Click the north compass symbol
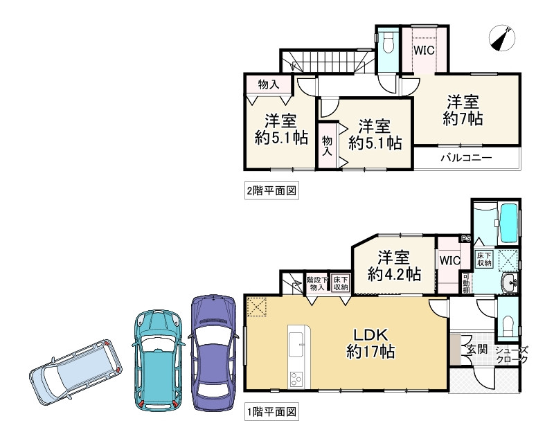point(501,37)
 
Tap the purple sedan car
point(213,352)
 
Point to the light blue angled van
point(75,372)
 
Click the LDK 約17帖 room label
point(370,343)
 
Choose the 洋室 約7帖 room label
point(463,111)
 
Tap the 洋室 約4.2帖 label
point(394,266)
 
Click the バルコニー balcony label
point(466,157)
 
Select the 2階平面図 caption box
point(271,191)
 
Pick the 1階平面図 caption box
point(271,412)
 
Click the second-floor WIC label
point(424,51)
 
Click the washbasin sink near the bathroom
point(510,282)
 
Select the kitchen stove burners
point(296,379)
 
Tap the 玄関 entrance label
point(477,350)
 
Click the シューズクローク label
point(512,355)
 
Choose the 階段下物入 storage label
point(317,284)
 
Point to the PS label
point(466,239)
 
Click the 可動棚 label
point(466,284)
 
